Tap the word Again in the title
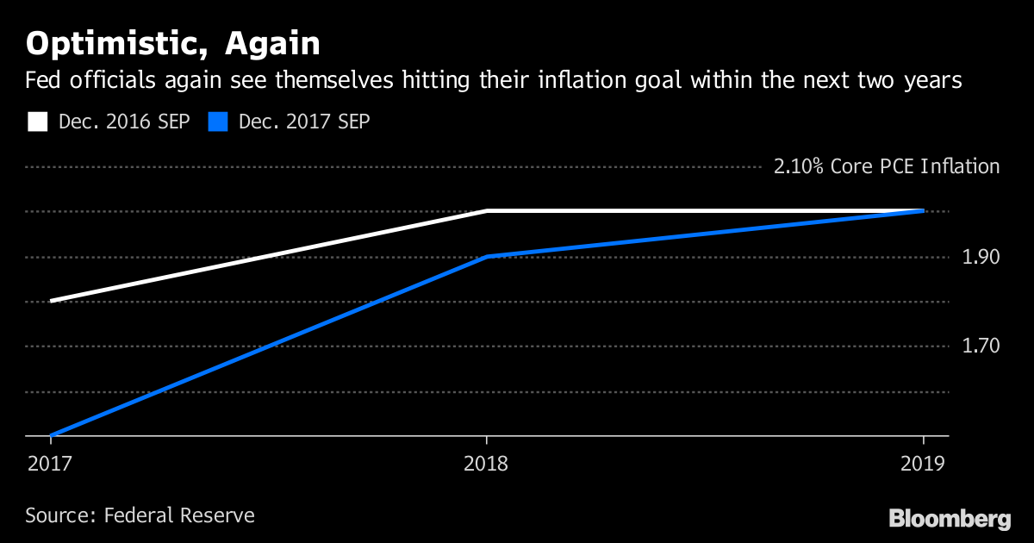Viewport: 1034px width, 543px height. click(266, 43)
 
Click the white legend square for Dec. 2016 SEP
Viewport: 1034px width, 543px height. click(37, 122)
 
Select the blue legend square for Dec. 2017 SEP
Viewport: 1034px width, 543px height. click(218, 122)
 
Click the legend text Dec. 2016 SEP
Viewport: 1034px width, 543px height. click(123, 122)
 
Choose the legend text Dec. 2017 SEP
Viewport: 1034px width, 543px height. click(303, 122)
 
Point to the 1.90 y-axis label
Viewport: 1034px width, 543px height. click(981, 257)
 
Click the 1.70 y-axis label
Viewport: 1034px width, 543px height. click(981, 346)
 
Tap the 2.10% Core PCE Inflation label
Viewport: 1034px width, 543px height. click(887, 166)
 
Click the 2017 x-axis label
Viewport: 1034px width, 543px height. click(48, 464)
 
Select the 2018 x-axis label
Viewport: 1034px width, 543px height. click(487, 464)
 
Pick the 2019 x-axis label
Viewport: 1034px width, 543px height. click(924, 464)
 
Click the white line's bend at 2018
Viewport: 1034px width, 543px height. click(488, 210)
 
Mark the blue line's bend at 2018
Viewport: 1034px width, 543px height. click(488, 256)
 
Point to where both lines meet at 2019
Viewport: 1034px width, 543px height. click(923, 210)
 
